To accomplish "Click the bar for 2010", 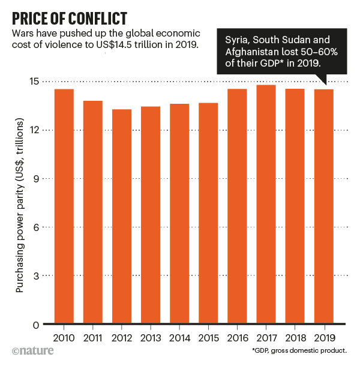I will (x=64, y=207).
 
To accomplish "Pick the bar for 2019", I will (x=323, y=207).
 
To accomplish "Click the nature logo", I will (x=30, y=350).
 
